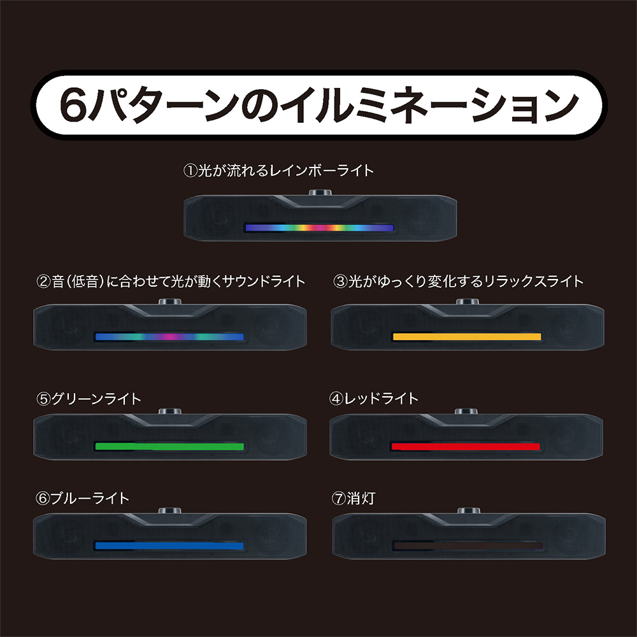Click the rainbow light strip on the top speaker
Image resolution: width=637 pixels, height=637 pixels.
point(319,227)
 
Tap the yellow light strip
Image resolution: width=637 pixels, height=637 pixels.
point(467,336)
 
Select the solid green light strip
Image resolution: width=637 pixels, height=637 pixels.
point(169,446)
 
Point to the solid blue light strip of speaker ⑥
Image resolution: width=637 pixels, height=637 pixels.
point(169,546)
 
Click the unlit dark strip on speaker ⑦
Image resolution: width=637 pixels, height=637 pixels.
point(468,546)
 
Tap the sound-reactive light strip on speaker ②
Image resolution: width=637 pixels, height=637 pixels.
point(169,336)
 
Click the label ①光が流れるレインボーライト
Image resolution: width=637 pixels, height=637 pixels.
point(278,171)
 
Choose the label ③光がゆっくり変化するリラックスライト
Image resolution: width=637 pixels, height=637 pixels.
point(459,281)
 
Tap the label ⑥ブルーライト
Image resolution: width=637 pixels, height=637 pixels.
point(83,498)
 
